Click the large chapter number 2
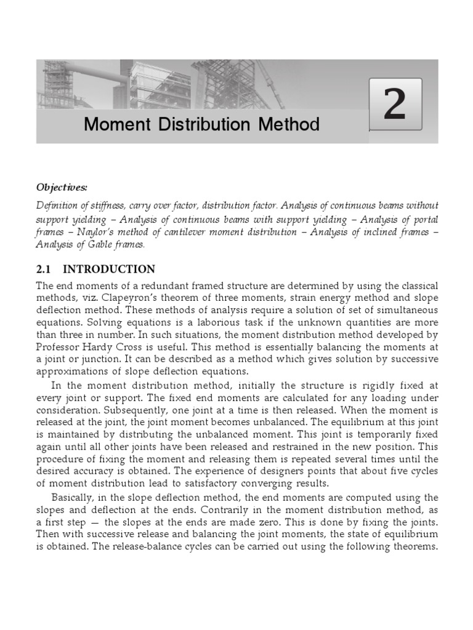395,104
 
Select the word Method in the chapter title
288,124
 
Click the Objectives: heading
61,186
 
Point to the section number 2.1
46,269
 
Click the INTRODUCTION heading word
109,269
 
